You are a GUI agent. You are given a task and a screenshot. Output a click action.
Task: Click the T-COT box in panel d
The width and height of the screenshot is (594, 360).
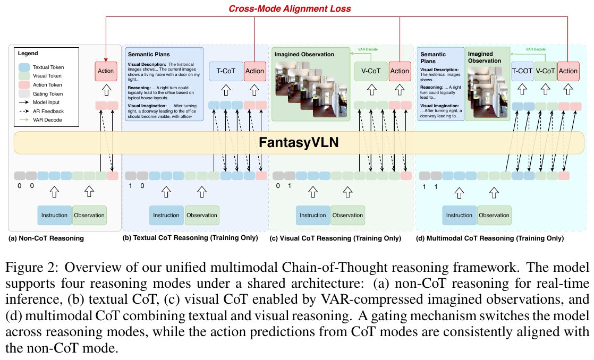(522, 71)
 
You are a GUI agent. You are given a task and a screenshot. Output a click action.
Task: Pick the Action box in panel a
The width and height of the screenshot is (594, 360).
(106, 71)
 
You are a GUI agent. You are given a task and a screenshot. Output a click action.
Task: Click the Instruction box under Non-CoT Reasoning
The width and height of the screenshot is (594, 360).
(54, 215)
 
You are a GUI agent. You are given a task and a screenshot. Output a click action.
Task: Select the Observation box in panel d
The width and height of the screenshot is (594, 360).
(494, 215)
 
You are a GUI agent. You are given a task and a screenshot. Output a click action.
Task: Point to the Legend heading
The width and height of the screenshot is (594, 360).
(28, 54)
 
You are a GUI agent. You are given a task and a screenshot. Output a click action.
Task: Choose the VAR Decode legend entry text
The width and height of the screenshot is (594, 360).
(48, 120)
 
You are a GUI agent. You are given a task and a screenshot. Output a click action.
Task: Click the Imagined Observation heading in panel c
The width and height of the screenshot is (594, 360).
(304, 54)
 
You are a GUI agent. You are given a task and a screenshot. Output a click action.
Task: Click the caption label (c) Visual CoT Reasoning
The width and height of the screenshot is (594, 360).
(336, 238)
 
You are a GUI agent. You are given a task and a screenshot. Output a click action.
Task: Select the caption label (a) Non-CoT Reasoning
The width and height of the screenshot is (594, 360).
(46, 238)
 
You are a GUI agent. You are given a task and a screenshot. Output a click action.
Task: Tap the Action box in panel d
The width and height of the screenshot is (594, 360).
(568, 71)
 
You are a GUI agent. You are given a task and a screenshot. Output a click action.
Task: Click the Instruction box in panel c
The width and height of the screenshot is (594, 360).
(312, 215)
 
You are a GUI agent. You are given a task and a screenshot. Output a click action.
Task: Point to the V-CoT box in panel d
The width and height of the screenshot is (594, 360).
(545, 71)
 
